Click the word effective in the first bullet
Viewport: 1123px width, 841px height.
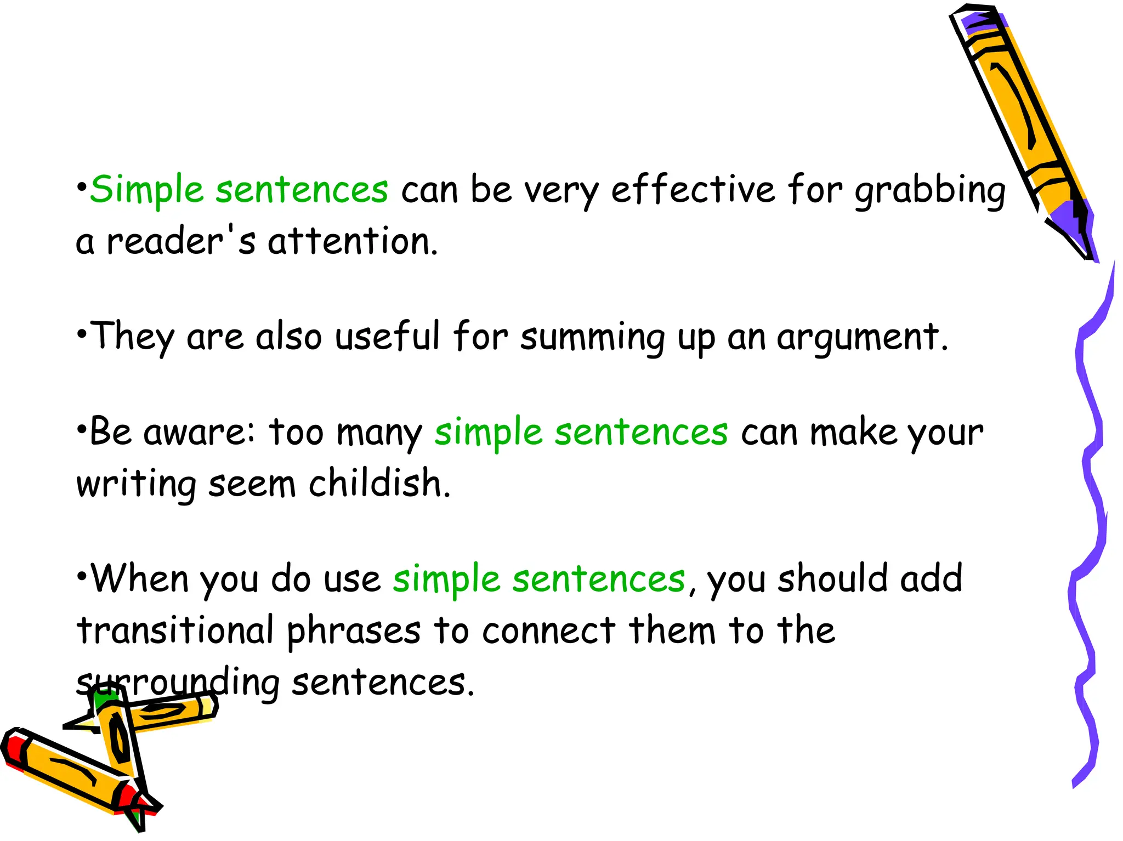click(x=693, y=190)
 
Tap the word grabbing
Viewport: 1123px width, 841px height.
click(x=930, y=191)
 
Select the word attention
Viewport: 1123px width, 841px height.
click(x=353, y=241)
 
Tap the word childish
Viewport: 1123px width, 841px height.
click(x=379, y=484)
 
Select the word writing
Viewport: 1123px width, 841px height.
click(x=136, y=485)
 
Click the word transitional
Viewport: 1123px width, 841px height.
click(x=175, y=630)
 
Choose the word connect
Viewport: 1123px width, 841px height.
click(x=549, y=630)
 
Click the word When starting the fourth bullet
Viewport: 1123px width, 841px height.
click(x=140, y=578)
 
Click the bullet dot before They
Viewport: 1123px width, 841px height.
click(x=82, y=332)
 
